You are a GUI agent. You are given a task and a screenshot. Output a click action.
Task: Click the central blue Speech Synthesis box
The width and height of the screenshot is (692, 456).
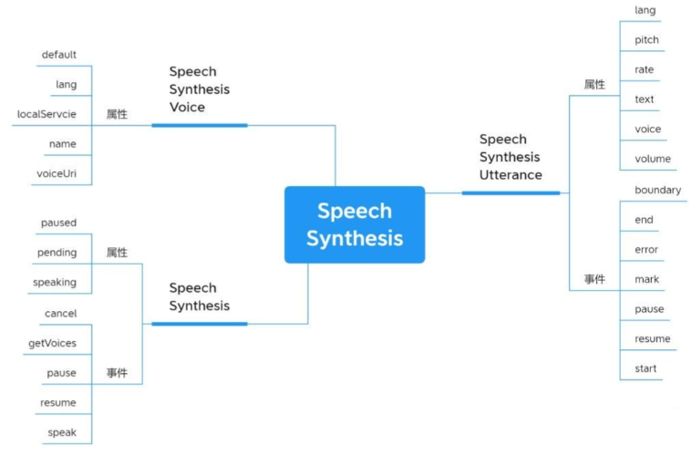pos(354,224)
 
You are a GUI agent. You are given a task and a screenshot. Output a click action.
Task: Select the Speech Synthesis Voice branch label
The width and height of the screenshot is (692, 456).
pos(199,89)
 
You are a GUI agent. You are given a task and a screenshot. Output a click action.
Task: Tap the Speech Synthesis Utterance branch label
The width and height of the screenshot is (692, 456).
pos(510,157)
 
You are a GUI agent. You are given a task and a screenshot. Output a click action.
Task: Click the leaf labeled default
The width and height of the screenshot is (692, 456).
pos(59,55)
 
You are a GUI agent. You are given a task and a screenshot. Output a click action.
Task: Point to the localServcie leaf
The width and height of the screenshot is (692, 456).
pos(46,114)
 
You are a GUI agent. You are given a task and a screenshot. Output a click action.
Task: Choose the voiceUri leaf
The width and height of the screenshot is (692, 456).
pos(57,173)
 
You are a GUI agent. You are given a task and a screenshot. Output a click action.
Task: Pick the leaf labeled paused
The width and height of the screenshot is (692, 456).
pos(58,223)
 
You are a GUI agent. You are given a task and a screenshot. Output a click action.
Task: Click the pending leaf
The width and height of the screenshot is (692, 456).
pos(57,253)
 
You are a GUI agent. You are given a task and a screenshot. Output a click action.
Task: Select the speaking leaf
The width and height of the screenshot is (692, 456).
pos(55,283)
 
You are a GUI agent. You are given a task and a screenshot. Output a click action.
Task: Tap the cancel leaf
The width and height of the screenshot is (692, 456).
pos(60,314)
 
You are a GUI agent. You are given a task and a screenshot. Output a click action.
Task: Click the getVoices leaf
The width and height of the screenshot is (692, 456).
pos(53,344)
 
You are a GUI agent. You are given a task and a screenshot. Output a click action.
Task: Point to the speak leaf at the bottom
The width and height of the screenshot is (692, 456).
pos(62,432)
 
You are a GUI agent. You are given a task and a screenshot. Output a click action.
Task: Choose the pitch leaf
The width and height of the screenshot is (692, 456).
pos(646,40)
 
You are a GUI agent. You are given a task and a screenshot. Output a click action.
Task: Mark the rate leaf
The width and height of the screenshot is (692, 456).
pos(644,70)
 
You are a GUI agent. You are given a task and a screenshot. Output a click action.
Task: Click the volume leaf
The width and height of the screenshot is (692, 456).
pos(652,159)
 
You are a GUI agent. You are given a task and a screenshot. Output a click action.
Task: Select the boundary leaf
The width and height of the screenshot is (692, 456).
pos(657,190)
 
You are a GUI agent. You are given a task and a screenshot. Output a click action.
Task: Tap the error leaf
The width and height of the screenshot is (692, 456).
pos(646,249)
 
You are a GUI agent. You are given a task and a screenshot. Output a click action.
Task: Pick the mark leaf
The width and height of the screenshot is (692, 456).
pos(646,279)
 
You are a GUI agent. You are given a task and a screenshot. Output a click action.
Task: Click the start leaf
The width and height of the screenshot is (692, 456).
pos(646,368)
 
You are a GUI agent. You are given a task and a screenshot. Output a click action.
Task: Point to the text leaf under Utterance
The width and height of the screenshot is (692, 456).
pos(644,99)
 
